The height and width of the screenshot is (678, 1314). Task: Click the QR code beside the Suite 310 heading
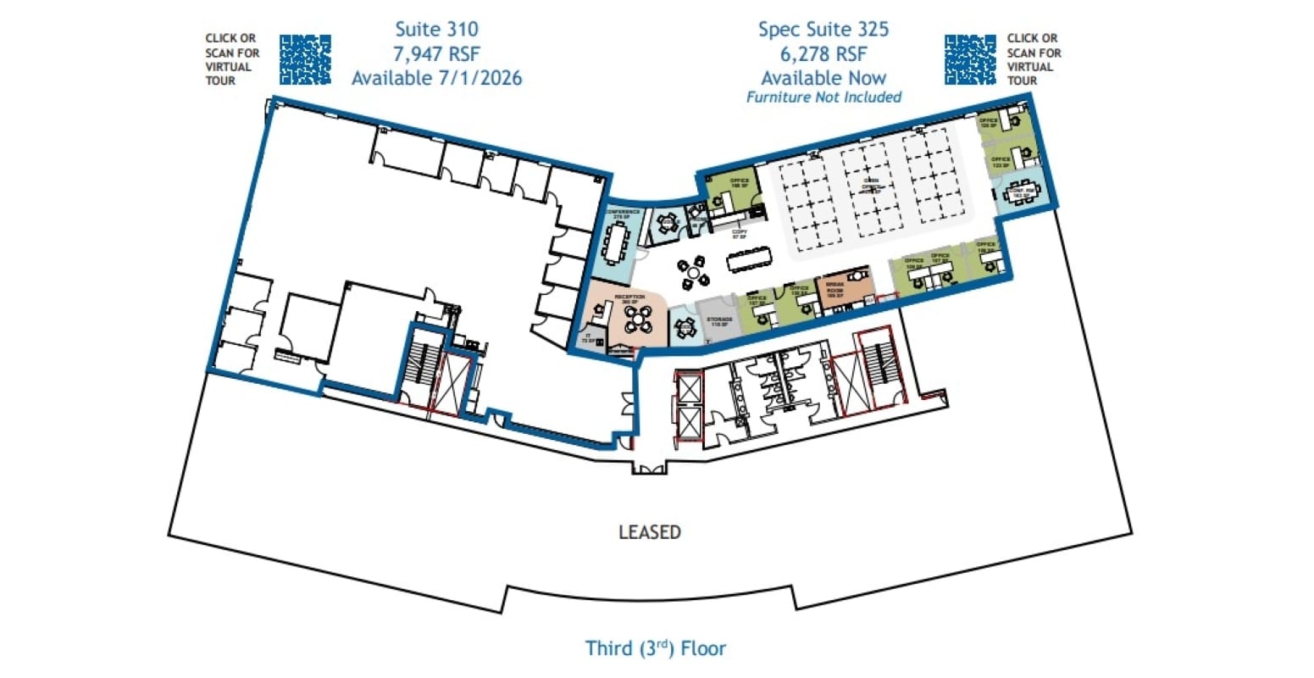tap(305, 59)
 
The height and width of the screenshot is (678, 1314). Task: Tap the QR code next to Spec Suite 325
tap(970, 59)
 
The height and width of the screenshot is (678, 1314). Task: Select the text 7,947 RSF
tap(436, 53)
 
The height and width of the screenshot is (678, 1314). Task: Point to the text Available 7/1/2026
tap(436, 78)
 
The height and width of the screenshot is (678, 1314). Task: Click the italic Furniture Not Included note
tap(823, 97)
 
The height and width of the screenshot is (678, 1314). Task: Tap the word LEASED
tap(650, 532)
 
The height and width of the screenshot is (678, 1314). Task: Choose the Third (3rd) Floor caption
tap(656, 648)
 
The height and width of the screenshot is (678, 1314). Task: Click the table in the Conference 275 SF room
tap(616, 242)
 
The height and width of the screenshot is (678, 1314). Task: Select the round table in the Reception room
tap(638, 320)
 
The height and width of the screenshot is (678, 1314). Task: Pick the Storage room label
tap(719, 321)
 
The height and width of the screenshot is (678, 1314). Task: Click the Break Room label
tap(834, 289)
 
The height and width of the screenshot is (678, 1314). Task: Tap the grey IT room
tap(589, 337)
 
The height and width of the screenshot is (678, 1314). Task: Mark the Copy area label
tap(739, 234)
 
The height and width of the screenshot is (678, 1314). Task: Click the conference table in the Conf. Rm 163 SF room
tap(1020, 194)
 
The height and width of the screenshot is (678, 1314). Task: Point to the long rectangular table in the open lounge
tap(750, 258)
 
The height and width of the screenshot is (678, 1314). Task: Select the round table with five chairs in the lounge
tap(696, 273)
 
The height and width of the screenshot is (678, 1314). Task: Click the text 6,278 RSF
tap(823, 53)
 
